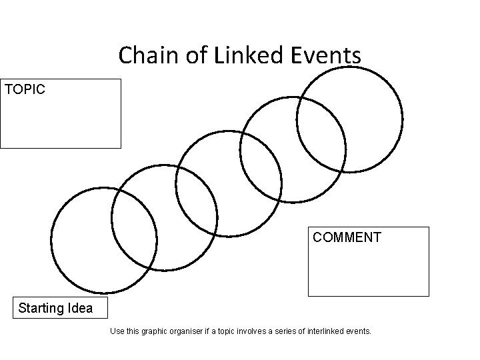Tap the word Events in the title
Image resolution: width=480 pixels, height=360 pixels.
coord(327,55)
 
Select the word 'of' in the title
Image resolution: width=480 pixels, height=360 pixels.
coord(199,55)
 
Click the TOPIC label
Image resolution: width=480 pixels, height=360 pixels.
coord(25,89)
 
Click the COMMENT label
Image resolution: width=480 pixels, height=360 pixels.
coord(347,237)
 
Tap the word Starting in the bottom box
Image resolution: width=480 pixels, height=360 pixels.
coord(41,309)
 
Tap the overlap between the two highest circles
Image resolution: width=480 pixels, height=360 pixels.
coord(321,137)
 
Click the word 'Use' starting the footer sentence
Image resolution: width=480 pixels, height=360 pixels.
coord(116,331)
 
